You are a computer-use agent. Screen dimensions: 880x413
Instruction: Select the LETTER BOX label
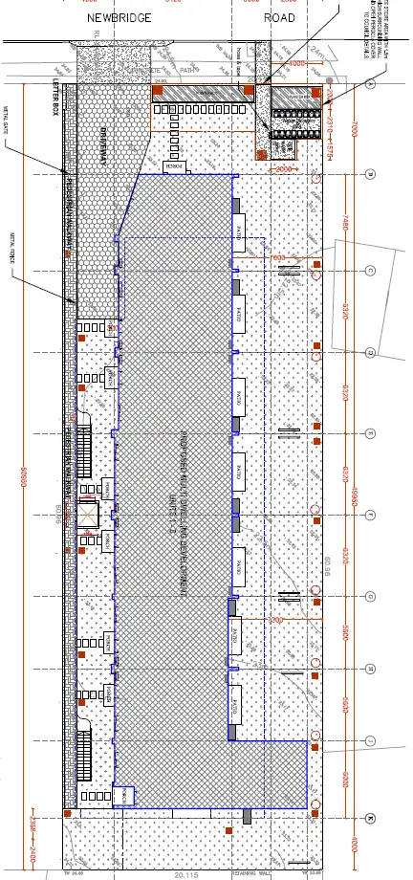55,96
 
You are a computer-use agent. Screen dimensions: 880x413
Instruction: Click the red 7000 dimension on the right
353,129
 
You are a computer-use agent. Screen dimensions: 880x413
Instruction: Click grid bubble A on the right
371,84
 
